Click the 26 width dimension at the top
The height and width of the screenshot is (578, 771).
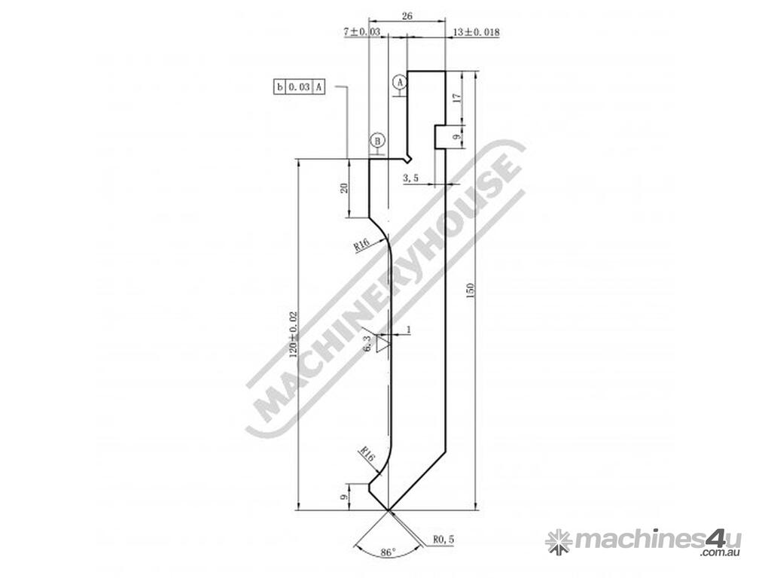pos(407,17)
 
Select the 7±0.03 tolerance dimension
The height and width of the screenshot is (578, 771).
pos(362,32)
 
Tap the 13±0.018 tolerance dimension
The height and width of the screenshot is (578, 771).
pos(476,32)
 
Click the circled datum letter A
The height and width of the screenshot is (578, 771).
pos(400,81)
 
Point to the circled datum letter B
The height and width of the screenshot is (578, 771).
pos(378,141)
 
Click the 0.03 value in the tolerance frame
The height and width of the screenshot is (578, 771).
pos(299,87)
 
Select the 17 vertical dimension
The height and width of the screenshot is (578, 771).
pos(457,98)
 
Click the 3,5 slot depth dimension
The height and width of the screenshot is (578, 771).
pos(410,178)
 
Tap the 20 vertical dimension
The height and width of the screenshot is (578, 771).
pos(344,187)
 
